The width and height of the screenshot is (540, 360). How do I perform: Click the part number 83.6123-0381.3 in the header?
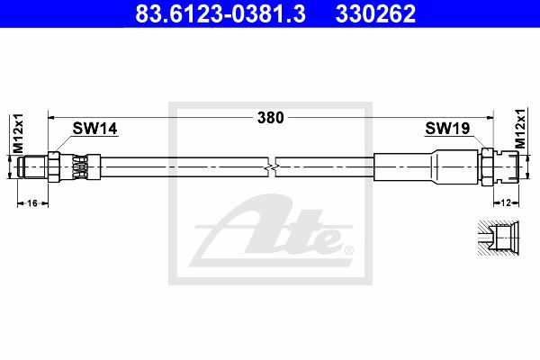220,13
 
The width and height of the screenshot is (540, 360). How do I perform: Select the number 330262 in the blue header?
375,13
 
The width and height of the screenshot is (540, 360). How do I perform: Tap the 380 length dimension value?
271,118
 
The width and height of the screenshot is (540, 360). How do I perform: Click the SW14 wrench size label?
94,129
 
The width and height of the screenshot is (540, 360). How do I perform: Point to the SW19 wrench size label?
447,128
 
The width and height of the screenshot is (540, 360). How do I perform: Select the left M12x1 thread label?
18,133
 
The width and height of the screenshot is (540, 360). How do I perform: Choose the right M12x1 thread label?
520,129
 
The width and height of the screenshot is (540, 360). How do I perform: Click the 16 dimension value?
32,203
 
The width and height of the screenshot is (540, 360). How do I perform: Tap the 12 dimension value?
506,202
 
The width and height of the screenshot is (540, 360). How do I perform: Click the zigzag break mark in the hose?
271,167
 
